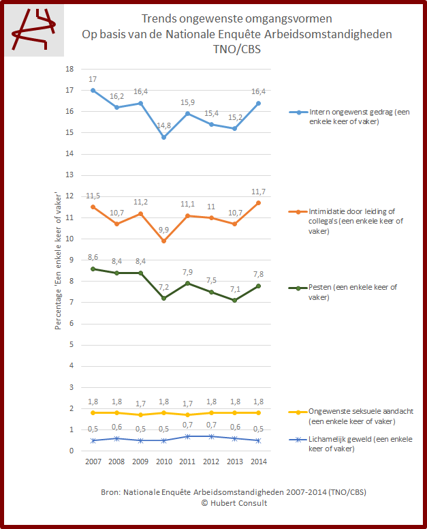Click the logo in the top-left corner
tap(35, 31)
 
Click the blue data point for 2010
tap(164, 137)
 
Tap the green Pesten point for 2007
tap(93, 269)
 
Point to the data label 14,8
tap(164, 125)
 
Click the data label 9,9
tap(164, 229)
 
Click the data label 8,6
tap(93, 256)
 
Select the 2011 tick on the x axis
tap(188, 462)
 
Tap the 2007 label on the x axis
tap(93, 462)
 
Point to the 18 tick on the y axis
tap(69, 69)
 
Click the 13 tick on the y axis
tap(69, 175)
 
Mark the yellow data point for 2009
tap(140, 414)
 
